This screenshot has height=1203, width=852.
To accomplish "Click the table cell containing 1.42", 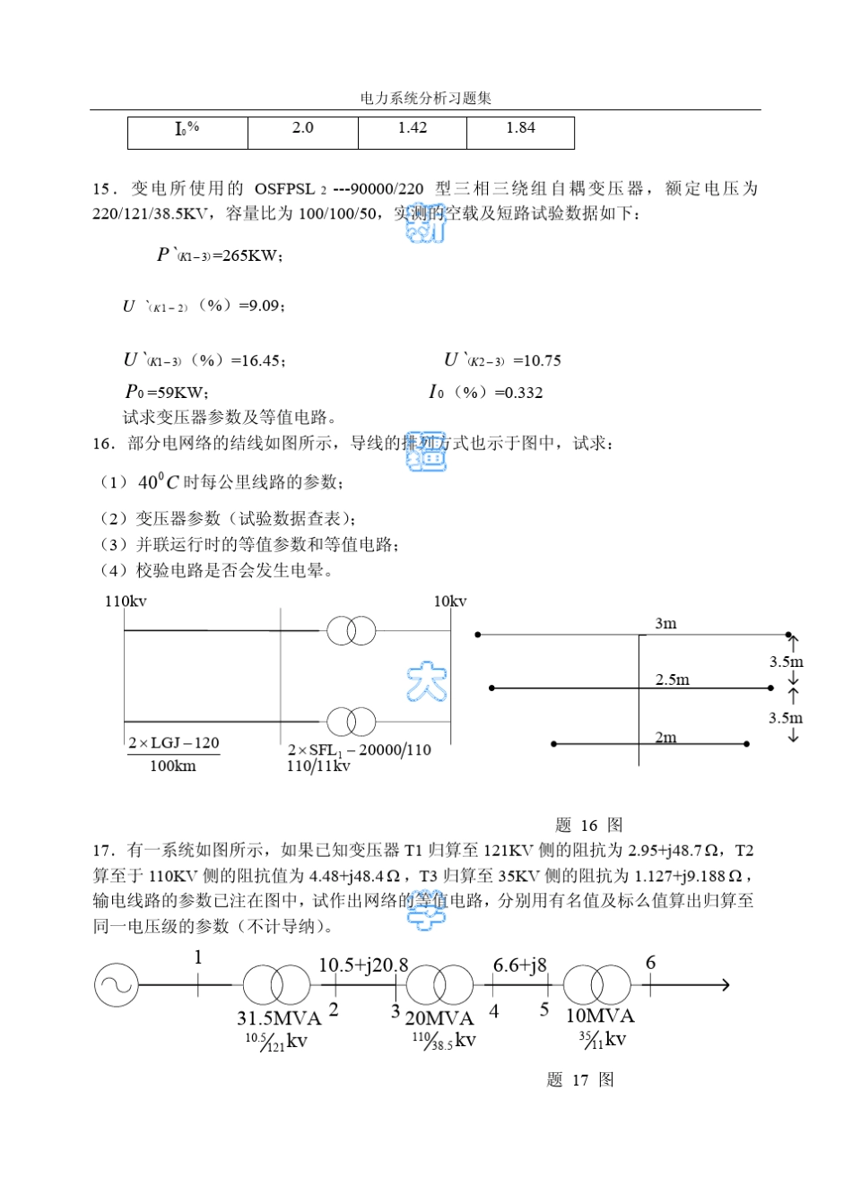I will pos(413,128).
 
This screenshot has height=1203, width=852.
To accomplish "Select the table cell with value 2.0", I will pos(303,128).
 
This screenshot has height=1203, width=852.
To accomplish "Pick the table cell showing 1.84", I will pos(520,128).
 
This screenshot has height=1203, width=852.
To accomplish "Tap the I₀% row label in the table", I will pos(187,129).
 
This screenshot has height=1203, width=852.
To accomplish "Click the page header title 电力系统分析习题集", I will pos(426,99).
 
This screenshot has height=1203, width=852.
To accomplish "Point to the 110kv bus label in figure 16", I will pos(126,601).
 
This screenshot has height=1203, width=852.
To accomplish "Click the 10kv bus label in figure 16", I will pos(450,601).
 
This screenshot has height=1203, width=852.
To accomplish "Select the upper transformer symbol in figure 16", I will pos(351,631).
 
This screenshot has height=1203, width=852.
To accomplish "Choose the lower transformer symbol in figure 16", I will pos(351,722).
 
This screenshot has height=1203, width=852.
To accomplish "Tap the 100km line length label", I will pos(172,766).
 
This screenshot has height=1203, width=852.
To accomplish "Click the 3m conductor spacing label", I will pos(665,624).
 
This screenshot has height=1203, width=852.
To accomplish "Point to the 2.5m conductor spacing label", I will pos(672,679).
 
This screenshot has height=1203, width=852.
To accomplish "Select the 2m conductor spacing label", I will pos(665,738).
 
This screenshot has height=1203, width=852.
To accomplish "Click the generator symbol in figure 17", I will pos(117,985).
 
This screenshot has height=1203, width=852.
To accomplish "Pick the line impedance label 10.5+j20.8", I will pos(363,965).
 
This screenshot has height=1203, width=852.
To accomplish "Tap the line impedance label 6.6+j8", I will pos(519,965).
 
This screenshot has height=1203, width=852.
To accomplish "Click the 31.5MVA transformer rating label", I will pos(279,1018).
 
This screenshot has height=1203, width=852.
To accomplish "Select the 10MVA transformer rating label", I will pos(599,1017).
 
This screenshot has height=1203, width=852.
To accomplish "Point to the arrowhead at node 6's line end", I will pos(725,985).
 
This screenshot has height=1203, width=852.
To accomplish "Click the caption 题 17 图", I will pos(580,1080).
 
